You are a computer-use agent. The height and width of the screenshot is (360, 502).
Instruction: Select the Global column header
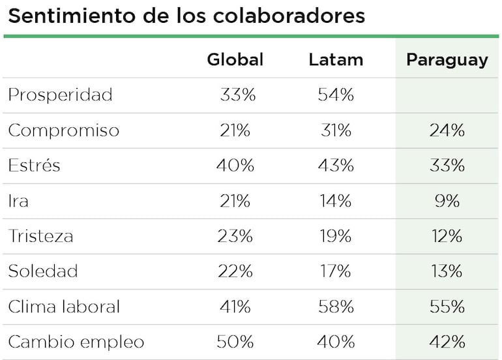click(x=235, y=60)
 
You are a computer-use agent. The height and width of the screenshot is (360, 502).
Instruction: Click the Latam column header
click(x=336, y=60)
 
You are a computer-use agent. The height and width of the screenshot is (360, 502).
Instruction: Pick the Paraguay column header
click(x=447, y=60)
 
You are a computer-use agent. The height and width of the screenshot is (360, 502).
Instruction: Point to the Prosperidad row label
click(x=60, y=95)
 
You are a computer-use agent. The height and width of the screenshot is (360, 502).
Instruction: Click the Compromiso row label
click(x=63, y=130)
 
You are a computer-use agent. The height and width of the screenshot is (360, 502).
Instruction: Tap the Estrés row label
click(x=34, y=166)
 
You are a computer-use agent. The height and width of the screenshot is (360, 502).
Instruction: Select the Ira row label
click(x=18, y=201)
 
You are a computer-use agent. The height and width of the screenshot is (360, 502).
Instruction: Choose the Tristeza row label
click(x=40, y=236)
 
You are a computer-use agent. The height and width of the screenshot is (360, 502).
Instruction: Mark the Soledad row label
click(x=42, y=271)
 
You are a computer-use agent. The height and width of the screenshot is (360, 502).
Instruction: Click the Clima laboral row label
click(x=64, y=307)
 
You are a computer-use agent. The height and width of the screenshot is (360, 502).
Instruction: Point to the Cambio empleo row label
click(x=76, y=342)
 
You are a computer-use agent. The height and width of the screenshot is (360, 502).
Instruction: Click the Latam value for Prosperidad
click(x=336, y=95)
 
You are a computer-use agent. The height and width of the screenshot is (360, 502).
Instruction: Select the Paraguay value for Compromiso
click(x=447, y=130)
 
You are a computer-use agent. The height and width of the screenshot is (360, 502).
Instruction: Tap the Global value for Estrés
click(x=235, y=166)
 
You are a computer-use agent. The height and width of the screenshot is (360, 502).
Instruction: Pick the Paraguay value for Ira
click(x=447, y=201)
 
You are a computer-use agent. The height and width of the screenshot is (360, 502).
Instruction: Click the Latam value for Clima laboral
click(x=336, y=307)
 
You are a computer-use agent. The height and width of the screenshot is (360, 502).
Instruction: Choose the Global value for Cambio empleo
click(x=235, y=342)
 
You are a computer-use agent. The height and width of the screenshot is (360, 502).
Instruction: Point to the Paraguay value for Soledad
click(x=447, y=271)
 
